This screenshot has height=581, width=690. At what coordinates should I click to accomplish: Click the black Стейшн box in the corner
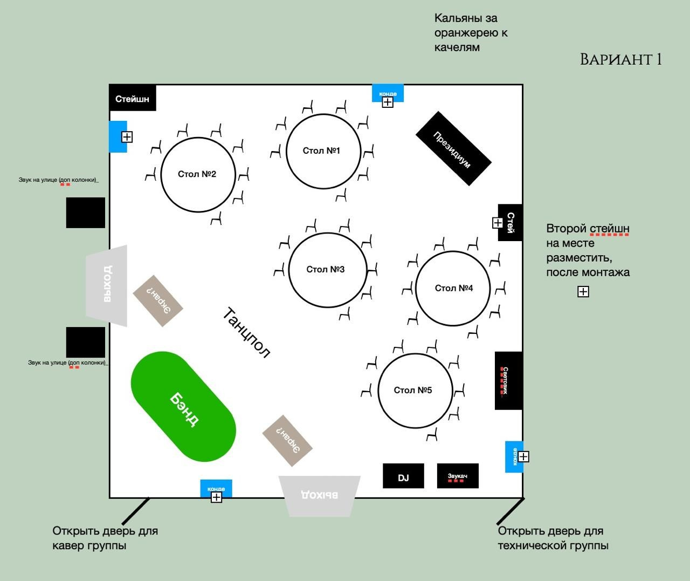(133, 98)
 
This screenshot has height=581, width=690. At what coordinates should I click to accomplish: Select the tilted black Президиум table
(453, 148)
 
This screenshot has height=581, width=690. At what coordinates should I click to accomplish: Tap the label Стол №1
(321, 151)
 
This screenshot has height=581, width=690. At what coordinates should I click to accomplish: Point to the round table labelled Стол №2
(198, 174)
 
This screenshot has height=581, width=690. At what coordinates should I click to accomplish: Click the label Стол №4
(454, 288)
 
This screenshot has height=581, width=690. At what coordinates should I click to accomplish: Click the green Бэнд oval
(183, 407)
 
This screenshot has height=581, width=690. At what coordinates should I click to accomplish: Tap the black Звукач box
(458, 476)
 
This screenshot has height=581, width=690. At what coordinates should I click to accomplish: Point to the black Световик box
(508, 380)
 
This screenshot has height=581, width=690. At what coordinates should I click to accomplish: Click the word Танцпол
(246, 332)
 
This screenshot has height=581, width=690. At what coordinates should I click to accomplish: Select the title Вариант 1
(620, 59)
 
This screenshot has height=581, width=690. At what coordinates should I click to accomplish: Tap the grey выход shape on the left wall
(107, 284)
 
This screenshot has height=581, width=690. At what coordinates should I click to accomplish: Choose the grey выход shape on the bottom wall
(320, 494)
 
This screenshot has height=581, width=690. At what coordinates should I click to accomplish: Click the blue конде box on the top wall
(388, 93)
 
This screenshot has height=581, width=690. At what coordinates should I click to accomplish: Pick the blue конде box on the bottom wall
(216, 488)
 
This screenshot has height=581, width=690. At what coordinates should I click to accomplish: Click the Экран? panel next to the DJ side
(287, 441)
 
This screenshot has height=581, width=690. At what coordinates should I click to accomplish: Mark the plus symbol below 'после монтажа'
(583, 292)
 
